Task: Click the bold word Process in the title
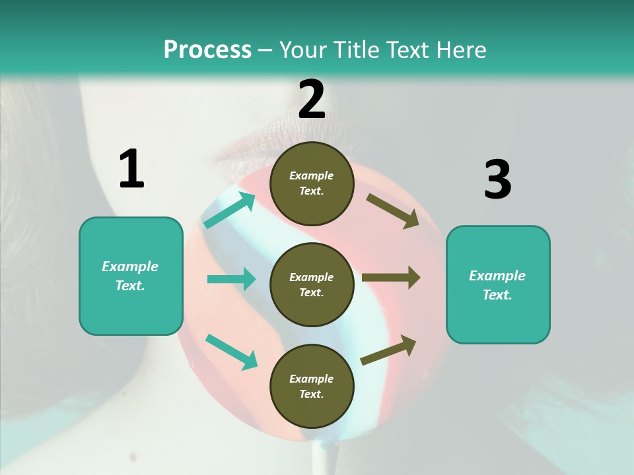click(207, 50)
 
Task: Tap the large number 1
click(131, 169)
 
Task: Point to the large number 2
click(312, 100)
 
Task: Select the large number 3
click(497, 180)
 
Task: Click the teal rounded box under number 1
click(131, 276)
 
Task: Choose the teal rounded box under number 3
click(498, 284)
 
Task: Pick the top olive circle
click(312, 183)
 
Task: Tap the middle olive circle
click(312, 284)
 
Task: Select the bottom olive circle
click(312, 386)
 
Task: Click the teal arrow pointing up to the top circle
click(230, 210)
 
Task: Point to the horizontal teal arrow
click(231, 279)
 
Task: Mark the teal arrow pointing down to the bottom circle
click(231, 351)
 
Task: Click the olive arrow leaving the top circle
click(393, 210)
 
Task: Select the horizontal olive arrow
click(391, 278)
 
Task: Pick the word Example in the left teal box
click(130, 267)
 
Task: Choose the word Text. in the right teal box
click(497, 295)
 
